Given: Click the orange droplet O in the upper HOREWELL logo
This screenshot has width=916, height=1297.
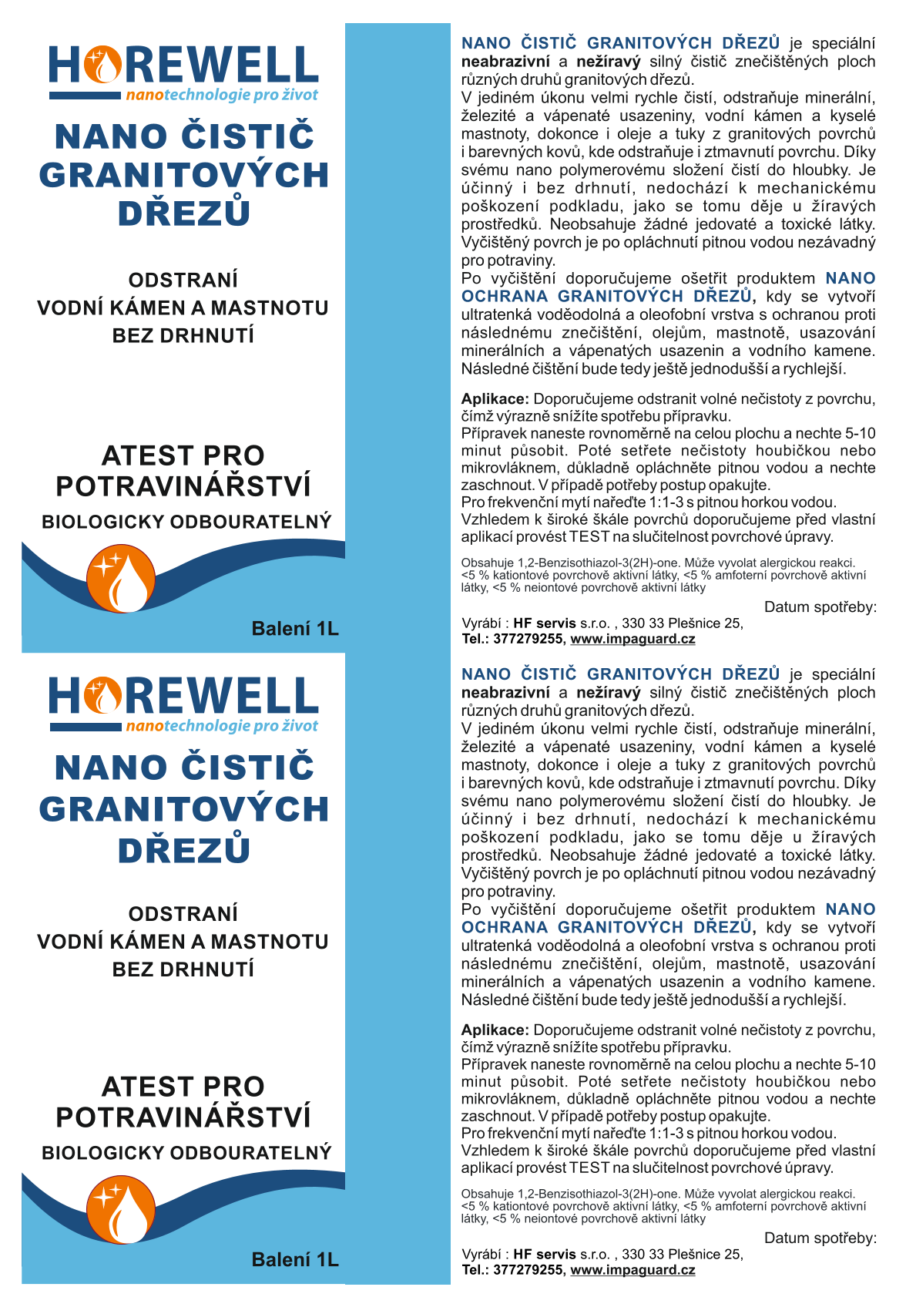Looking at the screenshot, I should click(103, 65).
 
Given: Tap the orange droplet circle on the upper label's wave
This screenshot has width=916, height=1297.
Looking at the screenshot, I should click(121, 579).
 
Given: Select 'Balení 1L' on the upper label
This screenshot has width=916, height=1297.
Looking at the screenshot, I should click(295, 629).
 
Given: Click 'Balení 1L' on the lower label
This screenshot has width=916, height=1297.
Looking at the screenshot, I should click(295, 1260).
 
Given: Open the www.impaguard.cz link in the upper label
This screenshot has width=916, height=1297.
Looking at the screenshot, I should click(632, 639).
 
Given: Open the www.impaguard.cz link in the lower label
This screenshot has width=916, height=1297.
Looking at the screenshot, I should click(632, 1270).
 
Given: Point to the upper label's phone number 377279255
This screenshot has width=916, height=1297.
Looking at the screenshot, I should click(528, 639).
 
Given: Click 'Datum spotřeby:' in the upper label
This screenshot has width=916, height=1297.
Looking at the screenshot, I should click(820, 607).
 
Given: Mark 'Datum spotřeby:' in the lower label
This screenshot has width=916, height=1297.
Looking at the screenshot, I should click(820, 1238).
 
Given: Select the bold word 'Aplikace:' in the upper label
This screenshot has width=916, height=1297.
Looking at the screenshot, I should click(495, 399).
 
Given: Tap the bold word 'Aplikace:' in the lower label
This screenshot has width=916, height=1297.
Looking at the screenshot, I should click(495, 1030).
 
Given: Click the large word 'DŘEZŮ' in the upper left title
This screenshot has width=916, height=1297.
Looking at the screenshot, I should click(184, 213).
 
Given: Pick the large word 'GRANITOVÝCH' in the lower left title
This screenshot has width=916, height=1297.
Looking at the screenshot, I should click(184, 809).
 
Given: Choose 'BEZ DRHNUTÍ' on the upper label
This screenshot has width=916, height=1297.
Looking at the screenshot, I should click(183, 336).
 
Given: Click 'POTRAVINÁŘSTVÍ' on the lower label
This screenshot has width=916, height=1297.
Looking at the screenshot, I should click(183, 1117).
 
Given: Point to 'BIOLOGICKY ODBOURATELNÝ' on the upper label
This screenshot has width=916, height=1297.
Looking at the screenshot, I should click(186, 522).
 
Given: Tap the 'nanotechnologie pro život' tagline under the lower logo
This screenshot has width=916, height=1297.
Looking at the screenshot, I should click(222, 726).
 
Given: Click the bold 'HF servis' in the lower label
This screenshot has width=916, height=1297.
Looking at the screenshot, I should click(545, 1255).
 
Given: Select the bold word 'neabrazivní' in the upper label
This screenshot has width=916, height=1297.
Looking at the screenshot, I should click(505, 62).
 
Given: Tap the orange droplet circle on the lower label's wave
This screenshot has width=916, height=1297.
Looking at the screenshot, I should click(121, 1210).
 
